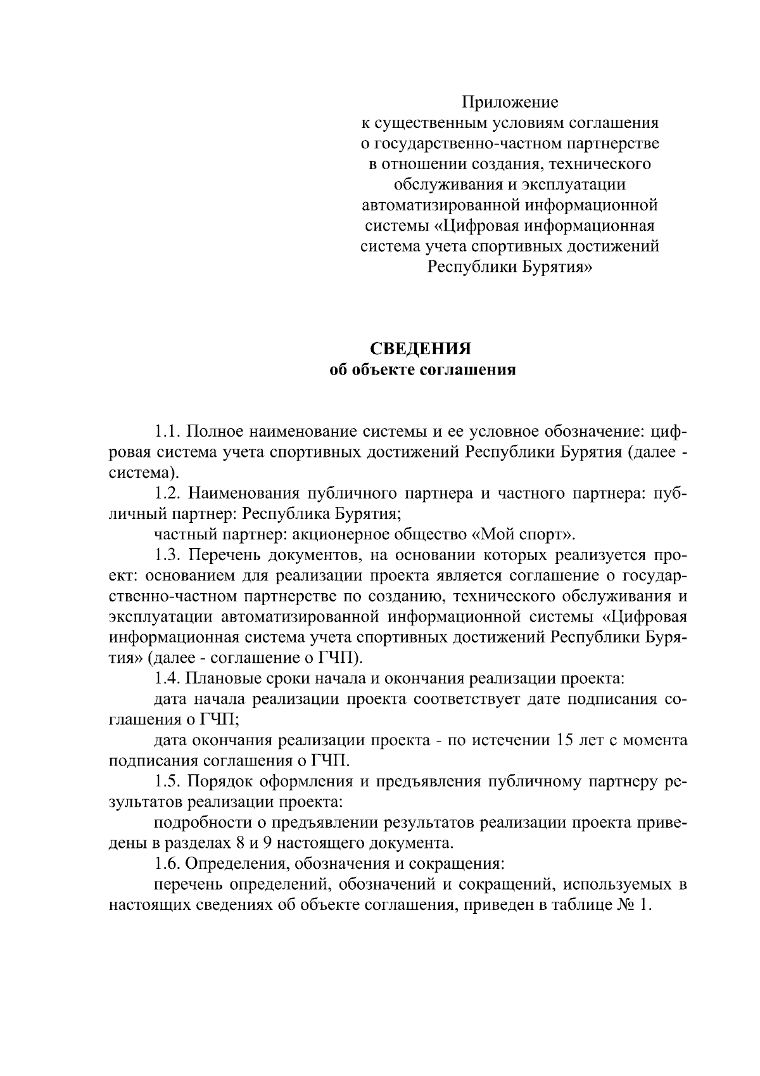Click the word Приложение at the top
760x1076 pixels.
(510, 102)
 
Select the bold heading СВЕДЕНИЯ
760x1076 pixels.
(421, 349)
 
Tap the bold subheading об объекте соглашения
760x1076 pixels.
(423, 370)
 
